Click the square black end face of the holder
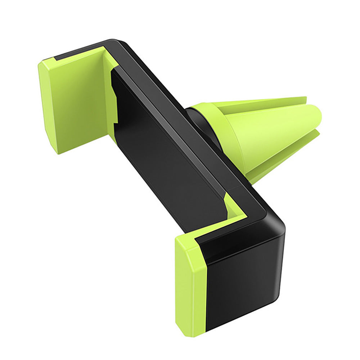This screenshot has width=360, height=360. [x=245, y=284]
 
